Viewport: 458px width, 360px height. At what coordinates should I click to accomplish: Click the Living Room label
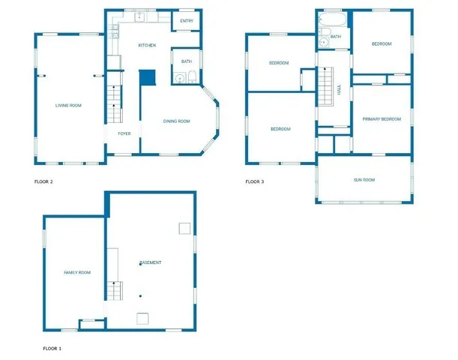tap(68, 106)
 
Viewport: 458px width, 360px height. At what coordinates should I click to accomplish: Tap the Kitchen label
tap(147, 46)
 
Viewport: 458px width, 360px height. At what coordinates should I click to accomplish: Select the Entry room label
tap(187, 21)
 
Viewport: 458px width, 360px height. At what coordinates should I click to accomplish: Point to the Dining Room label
tap(177, 121)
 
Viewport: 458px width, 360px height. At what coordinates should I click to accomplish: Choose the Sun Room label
tap(364, 180)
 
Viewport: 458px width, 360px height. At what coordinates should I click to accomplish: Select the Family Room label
tap(77, 272)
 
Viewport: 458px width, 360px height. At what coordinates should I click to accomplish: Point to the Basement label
tap(151, 262)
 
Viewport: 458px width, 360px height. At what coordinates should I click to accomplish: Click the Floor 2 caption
tap(43, 181)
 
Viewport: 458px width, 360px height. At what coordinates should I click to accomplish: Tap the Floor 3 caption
tap(255, 181)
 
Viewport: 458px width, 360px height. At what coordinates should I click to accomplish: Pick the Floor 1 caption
tap(52, 349)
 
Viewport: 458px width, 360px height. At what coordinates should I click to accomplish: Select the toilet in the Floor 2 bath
tap(193, 75)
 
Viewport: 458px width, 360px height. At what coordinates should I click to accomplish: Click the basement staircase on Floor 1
tap(114, 291)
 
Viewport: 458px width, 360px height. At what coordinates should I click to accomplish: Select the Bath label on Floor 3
tap(336, 36)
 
